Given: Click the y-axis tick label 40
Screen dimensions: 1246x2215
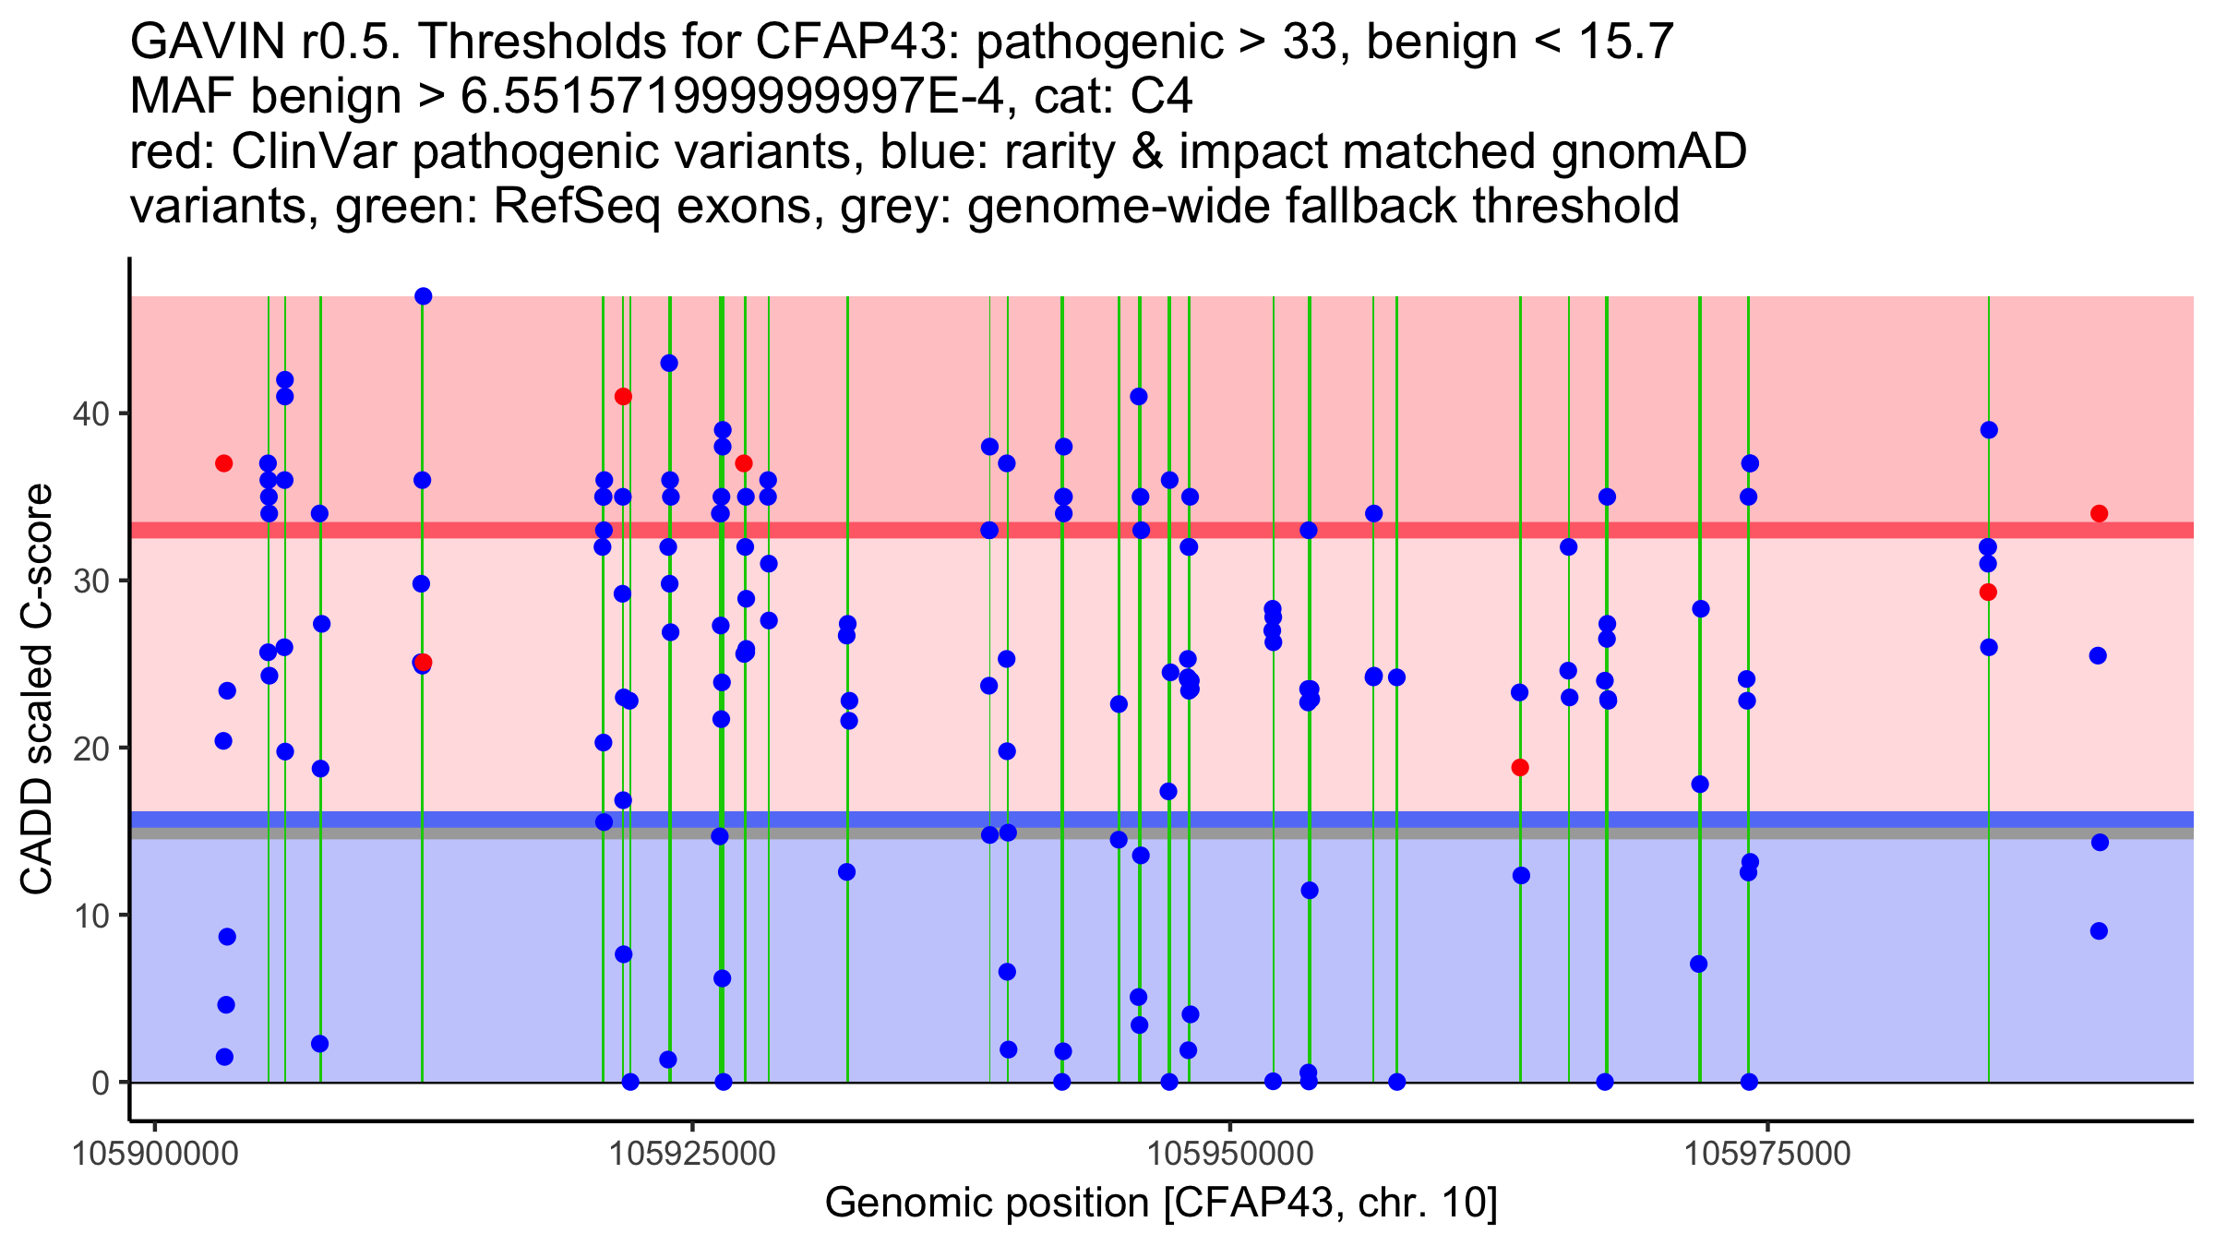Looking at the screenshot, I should click(x=90, y=413).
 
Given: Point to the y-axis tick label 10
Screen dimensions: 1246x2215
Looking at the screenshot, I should click(x=90, y=916).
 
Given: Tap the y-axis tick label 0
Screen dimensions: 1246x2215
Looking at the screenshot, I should click(x=100, y=1083).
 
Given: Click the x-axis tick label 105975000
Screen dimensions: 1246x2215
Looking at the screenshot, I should click(x=1767, y=1154).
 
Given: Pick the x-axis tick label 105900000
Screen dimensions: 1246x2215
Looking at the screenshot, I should click(x=156, y=1154).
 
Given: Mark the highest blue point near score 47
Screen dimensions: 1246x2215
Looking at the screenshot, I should click(x=424, y=296).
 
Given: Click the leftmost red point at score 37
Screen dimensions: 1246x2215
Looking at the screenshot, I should click(x=223, y=463).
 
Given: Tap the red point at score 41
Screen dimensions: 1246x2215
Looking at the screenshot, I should click(x=623, y=397).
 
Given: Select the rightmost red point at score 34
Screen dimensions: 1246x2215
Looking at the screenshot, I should click(x=2100, y=514).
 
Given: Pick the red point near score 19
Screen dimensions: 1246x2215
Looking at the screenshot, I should click(x=1520, y=768).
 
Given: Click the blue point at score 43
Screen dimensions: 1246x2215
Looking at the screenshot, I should click(x=669, y=364).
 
